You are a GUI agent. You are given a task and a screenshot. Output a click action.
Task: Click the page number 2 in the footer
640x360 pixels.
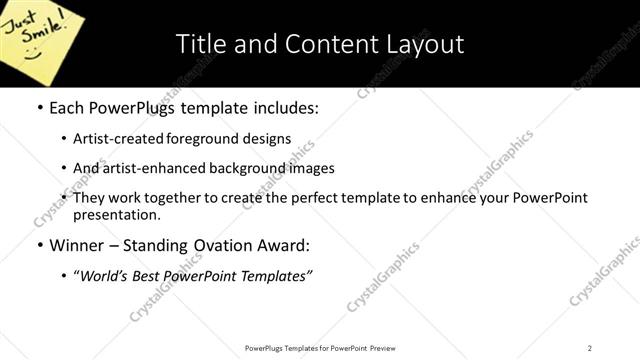click(x=590, y=348)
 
